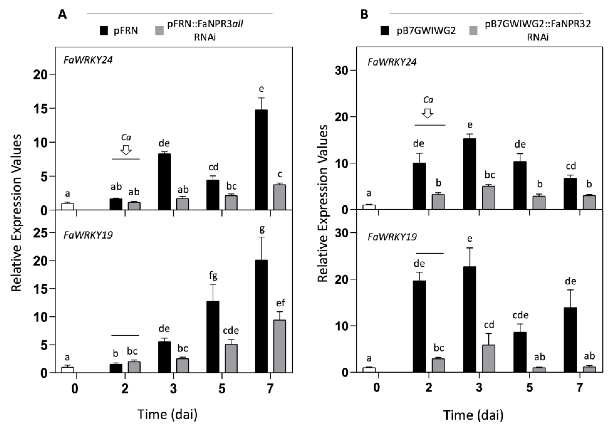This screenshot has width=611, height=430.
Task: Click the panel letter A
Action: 62,14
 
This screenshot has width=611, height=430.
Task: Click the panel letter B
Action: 364,14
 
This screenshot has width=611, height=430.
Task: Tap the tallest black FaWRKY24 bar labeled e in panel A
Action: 261,160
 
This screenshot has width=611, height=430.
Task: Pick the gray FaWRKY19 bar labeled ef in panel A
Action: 279,346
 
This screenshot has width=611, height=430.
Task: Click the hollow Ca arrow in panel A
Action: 126,150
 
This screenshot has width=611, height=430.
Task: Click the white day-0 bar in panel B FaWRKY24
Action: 369,207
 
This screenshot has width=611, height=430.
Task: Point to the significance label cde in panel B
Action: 520,315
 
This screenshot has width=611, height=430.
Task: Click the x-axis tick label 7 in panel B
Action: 580,387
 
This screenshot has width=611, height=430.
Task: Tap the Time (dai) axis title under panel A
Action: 167,414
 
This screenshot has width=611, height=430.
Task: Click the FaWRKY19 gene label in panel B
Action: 392,237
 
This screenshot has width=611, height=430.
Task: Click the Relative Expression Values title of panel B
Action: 323,204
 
